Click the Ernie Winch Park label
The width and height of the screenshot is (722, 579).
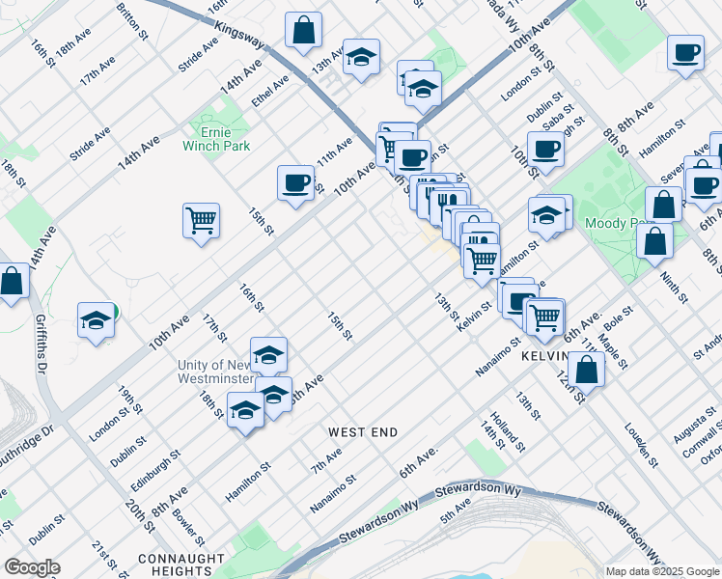tap(216, 138)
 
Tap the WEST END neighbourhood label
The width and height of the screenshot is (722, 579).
tap(362, 432)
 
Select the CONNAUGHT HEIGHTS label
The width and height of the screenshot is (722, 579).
tap(181, 565)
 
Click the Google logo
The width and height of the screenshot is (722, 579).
tap(32, 567)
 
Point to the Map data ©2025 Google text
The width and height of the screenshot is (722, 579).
tap(662, 571)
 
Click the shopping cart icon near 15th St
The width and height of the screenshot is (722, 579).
tap(202, 221)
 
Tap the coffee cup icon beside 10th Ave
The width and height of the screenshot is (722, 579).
tap(295, 182)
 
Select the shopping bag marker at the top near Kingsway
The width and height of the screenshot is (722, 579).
tap(303, 30)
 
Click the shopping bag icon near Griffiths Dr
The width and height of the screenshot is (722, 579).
tap(13, 281)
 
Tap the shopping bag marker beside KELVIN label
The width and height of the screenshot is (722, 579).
tap(586, 369)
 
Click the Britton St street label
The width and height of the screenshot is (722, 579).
tap(126, 19)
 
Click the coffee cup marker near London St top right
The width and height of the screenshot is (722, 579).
tap(545, 150)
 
